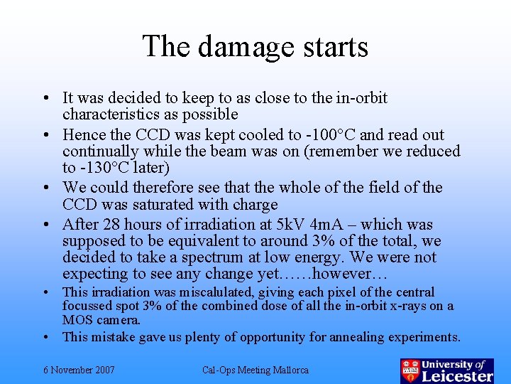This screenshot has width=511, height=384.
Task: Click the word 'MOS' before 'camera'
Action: tap(77, 320)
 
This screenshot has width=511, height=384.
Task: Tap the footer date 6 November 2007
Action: tap(79, 370)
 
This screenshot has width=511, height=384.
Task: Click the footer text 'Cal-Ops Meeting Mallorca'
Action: tap(255, 370)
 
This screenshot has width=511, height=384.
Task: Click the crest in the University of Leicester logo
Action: tap(410, 370)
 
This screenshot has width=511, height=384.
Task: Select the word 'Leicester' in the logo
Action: tap(457, 375)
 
